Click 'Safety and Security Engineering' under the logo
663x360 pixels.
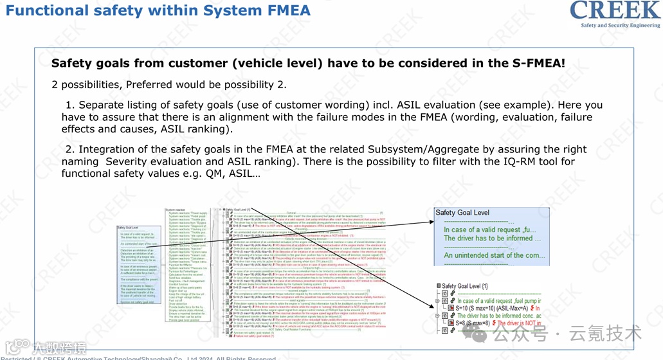coord(620,26)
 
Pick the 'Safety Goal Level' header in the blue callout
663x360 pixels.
coord(462,213)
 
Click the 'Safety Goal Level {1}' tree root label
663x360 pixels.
coord(468,286)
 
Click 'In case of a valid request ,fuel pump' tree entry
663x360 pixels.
coord(499,300)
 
